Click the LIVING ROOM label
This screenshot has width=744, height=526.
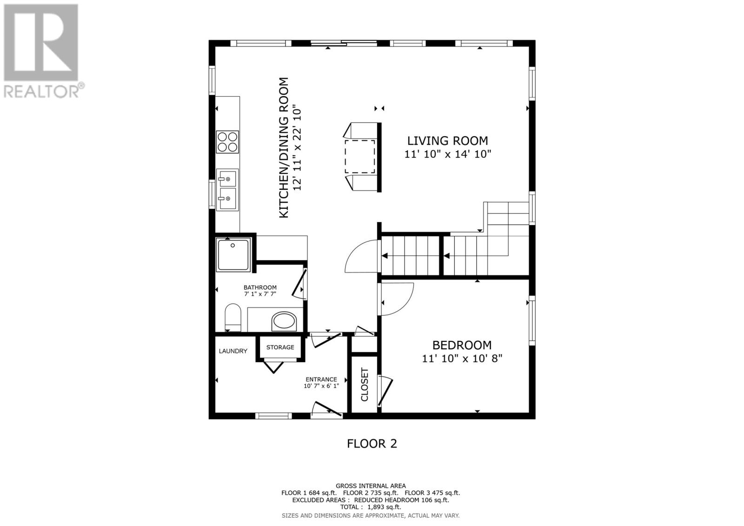tap(447, 141)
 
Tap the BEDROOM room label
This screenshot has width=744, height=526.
tap(462, 346)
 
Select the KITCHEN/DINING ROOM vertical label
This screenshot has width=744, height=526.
tap(283, 147)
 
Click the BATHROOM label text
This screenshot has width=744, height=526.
tap(260, 287)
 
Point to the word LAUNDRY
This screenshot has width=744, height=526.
tap(233, 351)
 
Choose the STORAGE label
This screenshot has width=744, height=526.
tap(280, 347)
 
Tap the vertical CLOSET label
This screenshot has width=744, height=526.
tap(365, 385)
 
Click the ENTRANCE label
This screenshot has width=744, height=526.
tap(321, 380)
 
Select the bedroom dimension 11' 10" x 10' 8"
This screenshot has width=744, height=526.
tap(462, 359)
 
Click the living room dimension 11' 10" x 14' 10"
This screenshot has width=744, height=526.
tap(447, 154)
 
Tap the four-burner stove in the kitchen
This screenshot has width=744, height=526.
tap(227, 142)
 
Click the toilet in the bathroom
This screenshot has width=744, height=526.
tap(233, 317)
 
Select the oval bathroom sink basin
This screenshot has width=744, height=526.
tap(284, 321)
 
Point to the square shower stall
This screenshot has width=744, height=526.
tap(233, 254)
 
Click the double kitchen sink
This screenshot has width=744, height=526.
tap(227, 190)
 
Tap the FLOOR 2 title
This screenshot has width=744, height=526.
tap(372, 444)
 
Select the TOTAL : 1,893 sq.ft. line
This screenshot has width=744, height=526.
tap(371, 507)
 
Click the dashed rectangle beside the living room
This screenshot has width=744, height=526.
tap(360, 157)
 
